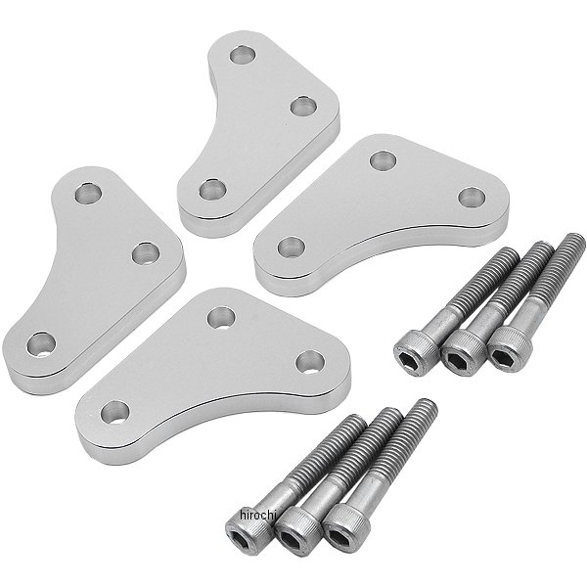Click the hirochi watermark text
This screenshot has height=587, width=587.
(x=257, y=516)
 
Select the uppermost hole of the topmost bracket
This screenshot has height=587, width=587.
(x=243, y=55)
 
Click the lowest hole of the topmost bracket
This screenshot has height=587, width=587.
(x=212, y=190)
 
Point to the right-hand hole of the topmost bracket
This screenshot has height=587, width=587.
(x=303, y=106)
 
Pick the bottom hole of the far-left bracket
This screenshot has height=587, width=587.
(x=41, y=344)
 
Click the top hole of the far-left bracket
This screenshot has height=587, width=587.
(x=88, y=194)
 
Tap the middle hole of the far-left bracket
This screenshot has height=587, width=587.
(x=146, y=252)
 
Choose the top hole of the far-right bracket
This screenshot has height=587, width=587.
(x=383, y=159)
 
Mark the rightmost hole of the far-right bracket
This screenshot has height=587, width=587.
(x=472, y=198)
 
